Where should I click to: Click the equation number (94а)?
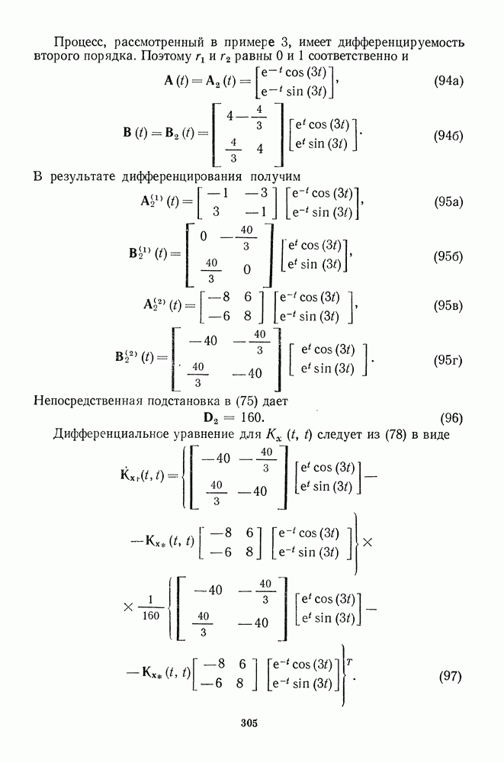(448, 81)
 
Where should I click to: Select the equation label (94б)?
(448, 136)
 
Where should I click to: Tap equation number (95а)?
(448, 202)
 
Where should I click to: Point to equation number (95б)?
(448, 256)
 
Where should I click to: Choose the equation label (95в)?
(448, 306)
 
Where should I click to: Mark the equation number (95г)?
(448, 361)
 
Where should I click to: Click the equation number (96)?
(451, 418)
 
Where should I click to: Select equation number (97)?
(451, 676)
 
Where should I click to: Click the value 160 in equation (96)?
(252, 417)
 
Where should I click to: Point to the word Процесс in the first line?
(75, 43)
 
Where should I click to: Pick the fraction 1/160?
(151, 608)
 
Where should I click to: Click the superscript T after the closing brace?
(350, 662)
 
